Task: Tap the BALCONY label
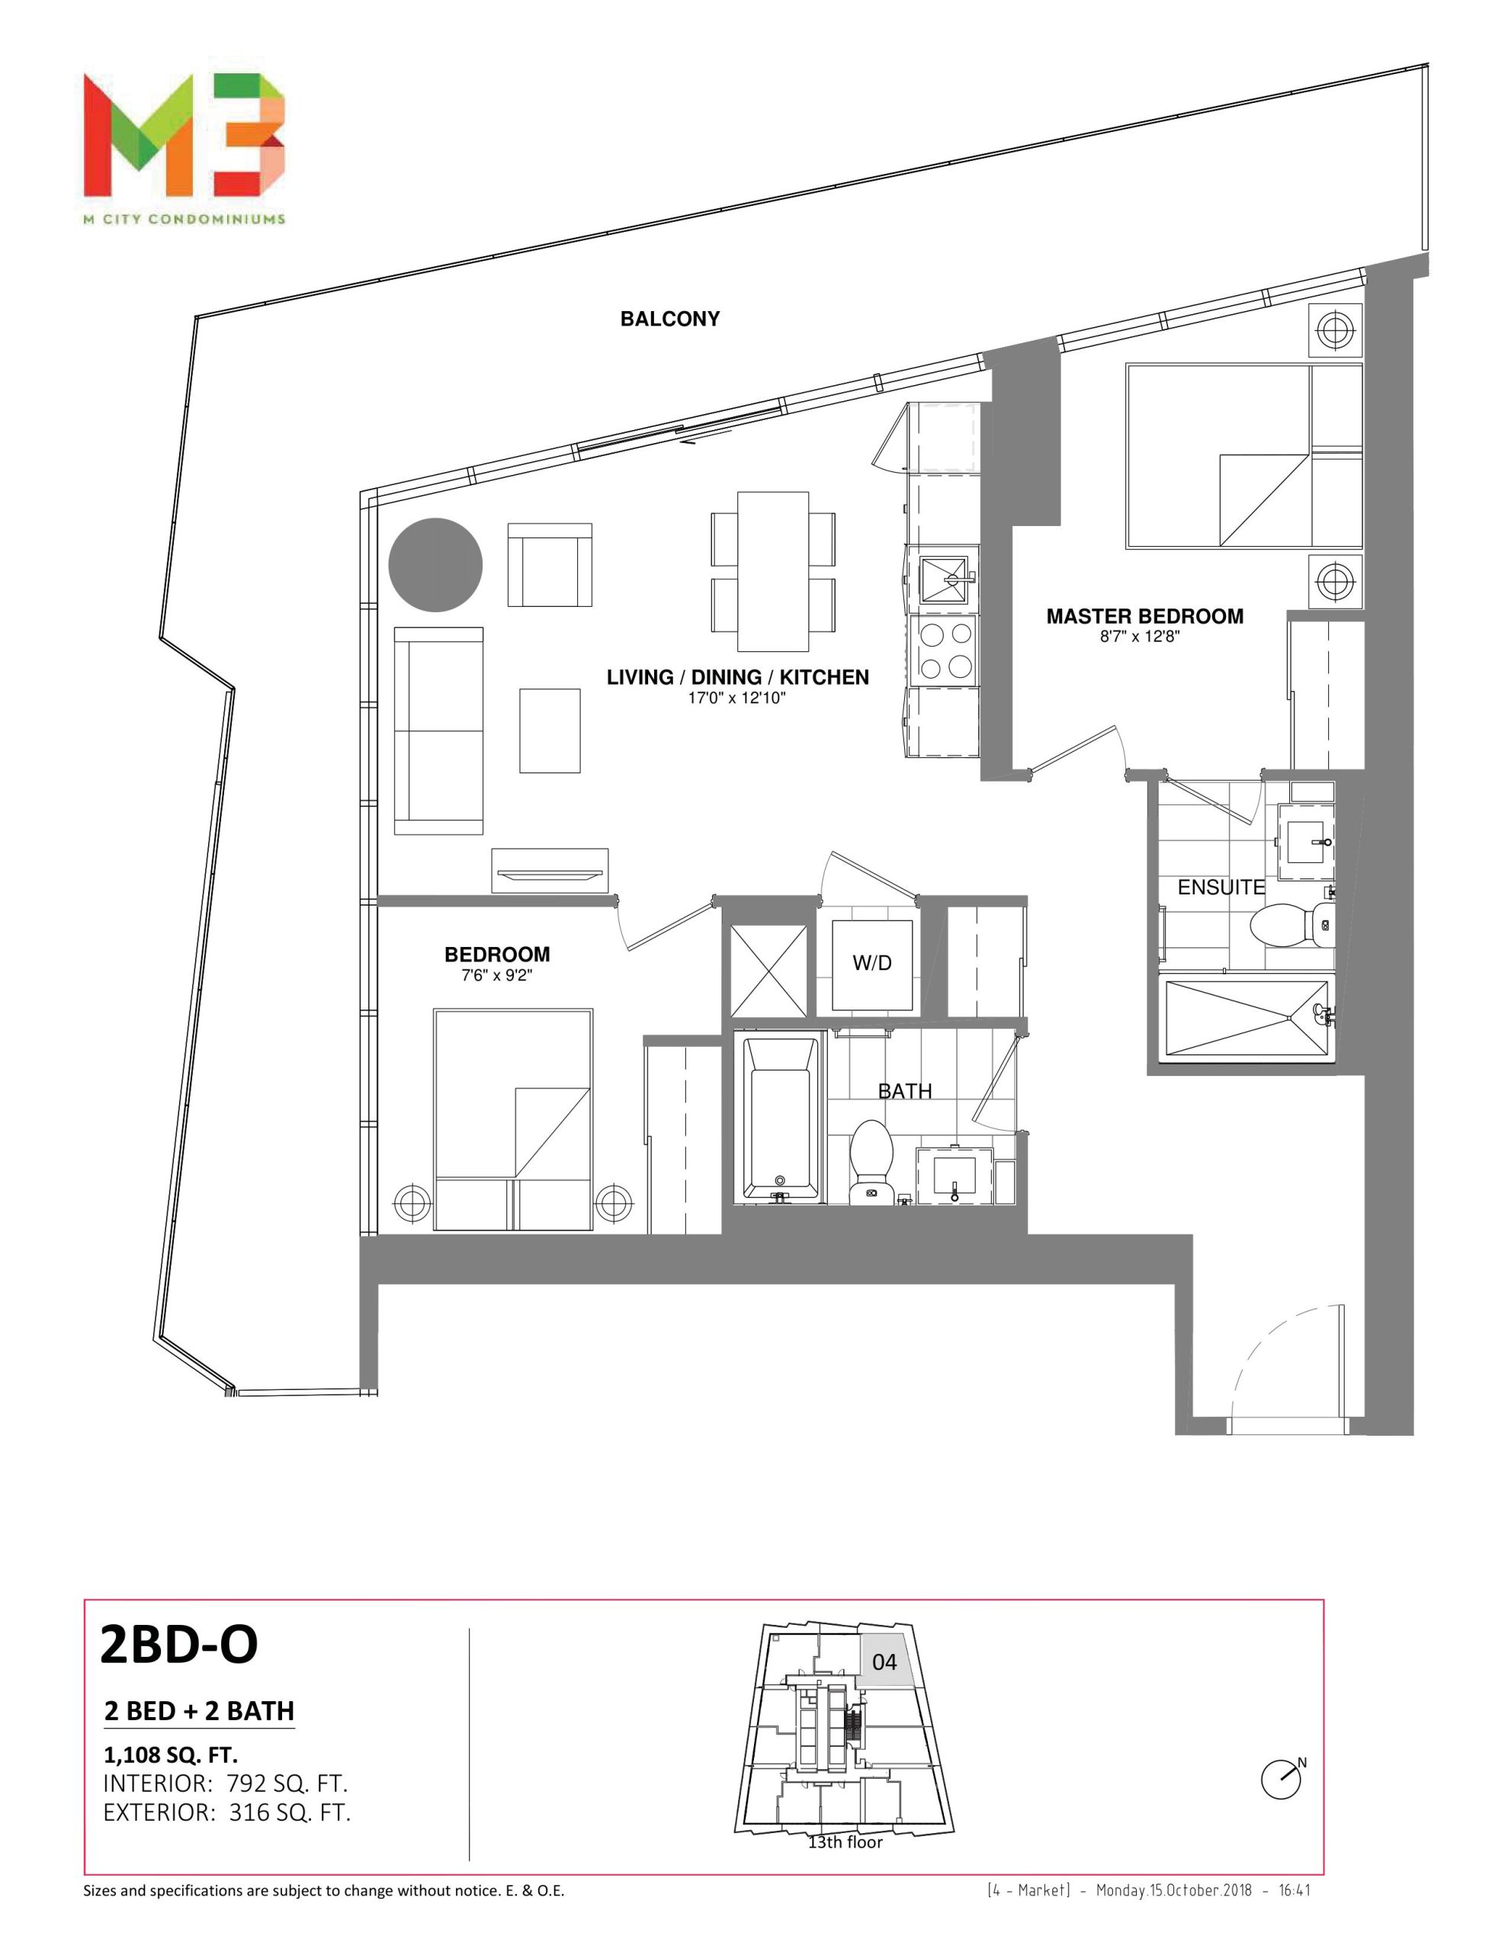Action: tap(669, 319)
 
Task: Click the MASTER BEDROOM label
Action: tap(1144, 616)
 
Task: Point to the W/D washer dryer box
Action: tap(871, 964)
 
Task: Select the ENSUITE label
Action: tap(1221, 887)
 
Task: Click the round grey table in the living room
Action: tap(435, 566)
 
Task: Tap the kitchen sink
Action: tap(944, 581)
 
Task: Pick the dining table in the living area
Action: tap(772, 571)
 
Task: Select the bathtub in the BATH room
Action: tap(781, 1118)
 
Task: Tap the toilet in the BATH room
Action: tap(871, 1158)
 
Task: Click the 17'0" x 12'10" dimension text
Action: tap(736, 698)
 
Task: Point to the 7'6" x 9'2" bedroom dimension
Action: tap(497, 975)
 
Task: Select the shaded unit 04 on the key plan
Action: tap(885, 1661)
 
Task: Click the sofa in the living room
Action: tap(438, 731)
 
